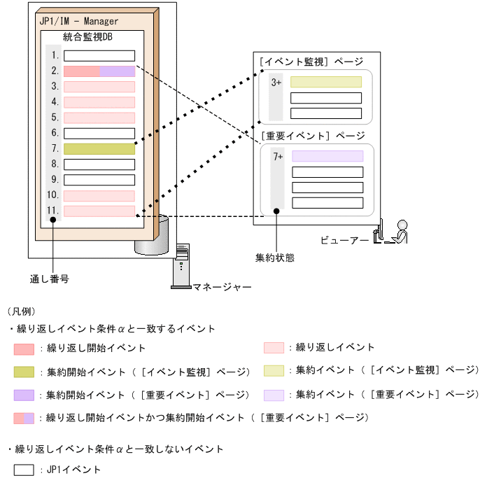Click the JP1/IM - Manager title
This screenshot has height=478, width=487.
click(x=79, y=22)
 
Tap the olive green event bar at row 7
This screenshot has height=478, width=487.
click(x=99, y=148)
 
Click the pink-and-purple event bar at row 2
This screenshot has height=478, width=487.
click(x=99, y=71)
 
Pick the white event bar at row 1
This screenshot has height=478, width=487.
click(x=99, y=55)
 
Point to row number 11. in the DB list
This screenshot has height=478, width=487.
click(x=53, y=211)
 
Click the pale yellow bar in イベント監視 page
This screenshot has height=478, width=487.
click(x=326, y=82)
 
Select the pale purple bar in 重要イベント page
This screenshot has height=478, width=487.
click(x=327, y=156)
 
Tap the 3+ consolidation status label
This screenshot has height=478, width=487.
click(x=276, y=83)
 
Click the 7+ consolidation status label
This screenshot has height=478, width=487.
click(x=278, y=157)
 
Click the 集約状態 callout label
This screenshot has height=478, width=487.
click(x=275, y=258)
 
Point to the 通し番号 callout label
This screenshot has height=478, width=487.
click(x=49, y=279)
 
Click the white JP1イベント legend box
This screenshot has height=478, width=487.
click(x=24, y=470)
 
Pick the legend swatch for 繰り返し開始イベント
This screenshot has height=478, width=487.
click(x=24, y=349)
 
